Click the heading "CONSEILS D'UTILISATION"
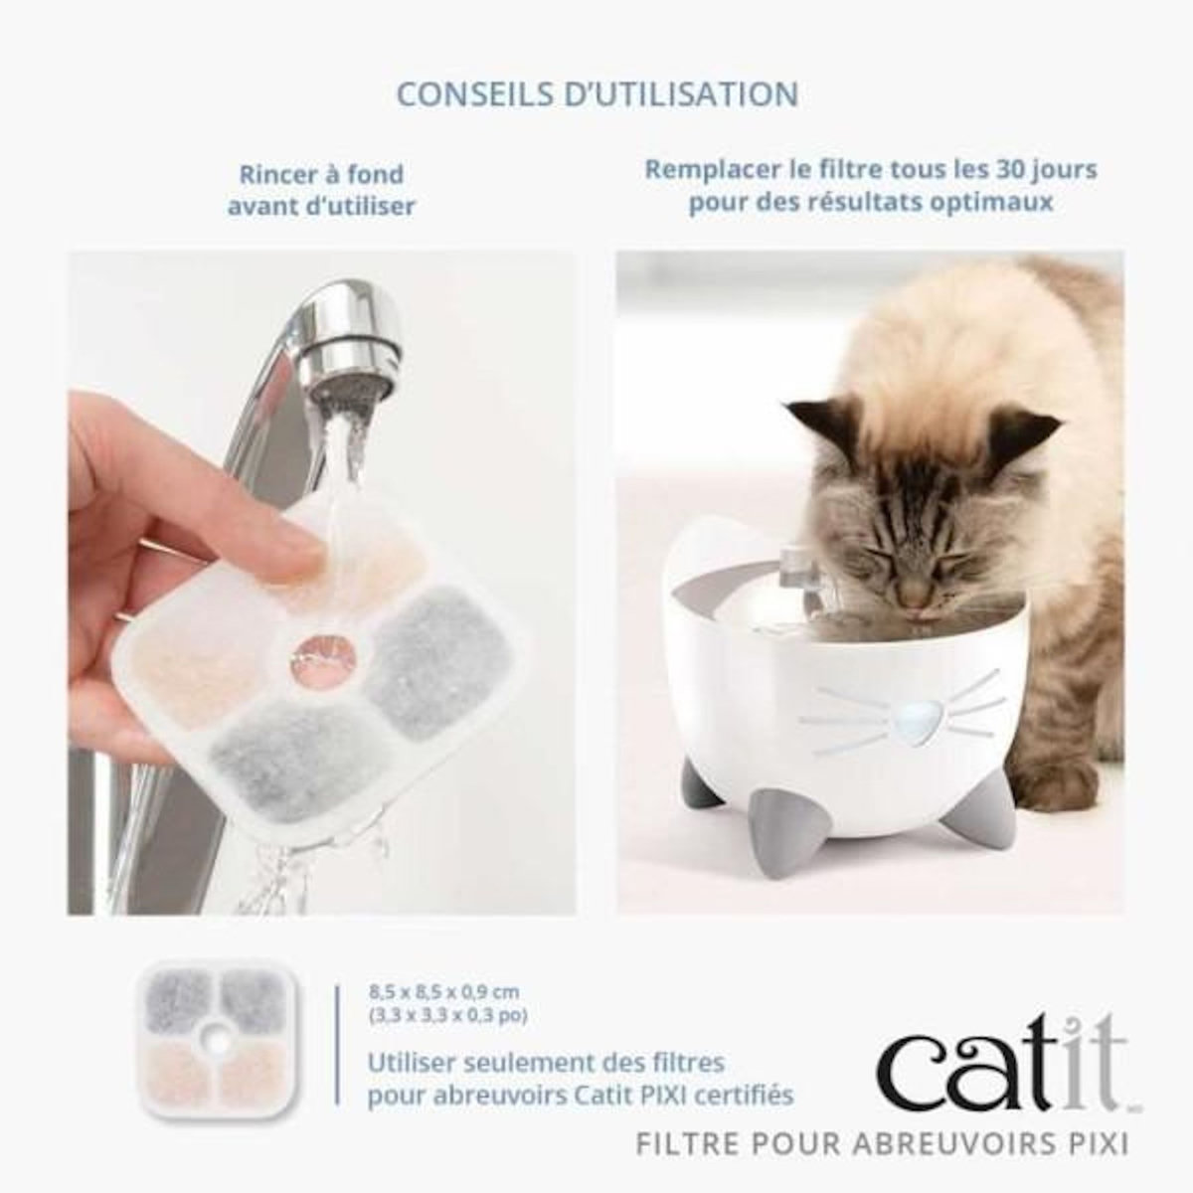pyautogui.click(x=596, y=93)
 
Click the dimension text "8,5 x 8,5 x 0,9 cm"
pyautogui.click(x=443, y=992)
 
